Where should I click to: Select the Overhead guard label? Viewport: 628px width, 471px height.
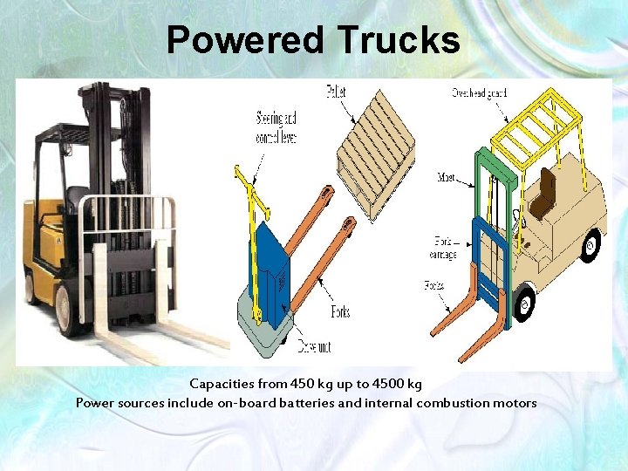click(480, 93)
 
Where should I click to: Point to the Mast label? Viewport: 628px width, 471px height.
click(447, 178)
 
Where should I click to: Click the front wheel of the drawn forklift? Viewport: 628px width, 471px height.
click(524, 304)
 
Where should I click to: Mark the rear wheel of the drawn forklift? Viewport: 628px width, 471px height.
click(591, 245)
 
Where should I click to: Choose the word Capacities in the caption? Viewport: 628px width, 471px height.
click(222, 384)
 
